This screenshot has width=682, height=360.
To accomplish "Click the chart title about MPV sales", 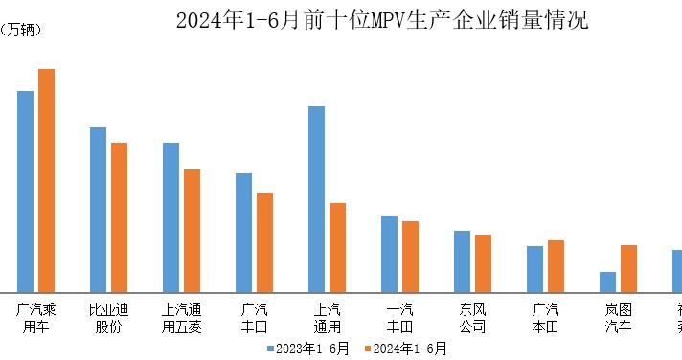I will pyautogui.click(x=381, y=20).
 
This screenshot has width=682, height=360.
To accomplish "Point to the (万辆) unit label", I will pyautogui.click(x=20, y=30).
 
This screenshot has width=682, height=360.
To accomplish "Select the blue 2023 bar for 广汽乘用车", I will pyautogui.click(x=25, y=191).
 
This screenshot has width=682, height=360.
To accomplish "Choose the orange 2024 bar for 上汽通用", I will pyautogui.click(x=337, y=247).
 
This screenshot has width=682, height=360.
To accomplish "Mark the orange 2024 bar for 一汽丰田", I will pyautogui.click(x=410, y=256).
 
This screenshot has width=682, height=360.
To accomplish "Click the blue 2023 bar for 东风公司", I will pyautogui.click(x=462, y=260).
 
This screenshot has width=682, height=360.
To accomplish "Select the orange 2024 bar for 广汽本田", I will pyautogui.click(x=556, y=265).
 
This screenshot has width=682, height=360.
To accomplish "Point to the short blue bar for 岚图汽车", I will pyautogui.click(x=607, y=281).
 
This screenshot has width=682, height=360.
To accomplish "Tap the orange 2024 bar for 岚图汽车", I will pyautogui.click(x=628, y=268).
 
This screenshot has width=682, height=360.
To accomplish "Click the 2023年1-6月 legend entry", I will pyautogui.click(x=307, y=349).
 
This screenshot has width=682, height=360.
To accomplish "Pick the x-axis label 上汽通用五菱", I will pyautogui.click(x=181, y=318).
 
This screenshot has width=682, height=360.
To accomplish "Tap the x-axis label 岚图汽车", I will pyautogui.click(x=618, y=318).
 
